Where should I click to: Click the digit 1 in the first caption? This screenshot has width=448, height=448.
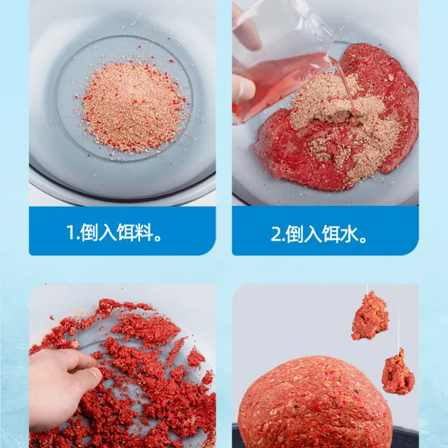70,232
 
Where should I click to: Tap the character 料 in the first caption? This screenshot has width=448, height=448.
143,232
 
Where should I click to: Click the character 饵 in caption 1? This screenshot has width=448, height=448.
125,232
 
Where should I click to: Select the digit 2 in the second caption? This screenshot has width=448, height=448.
276,235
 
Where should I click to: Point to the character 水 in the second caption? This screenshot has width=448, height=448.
348,235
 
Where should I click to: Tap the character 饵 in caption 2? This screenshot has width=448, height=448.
331,235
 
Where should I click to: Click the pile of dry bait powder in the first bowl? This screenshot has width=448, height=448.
132,106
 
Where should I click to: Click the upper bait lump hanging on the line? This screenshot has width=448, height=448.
370,316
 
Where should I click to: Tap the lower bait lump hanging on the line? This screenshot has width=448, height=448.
398,372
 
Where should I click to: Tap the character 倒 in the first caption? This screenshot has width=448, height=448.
89,232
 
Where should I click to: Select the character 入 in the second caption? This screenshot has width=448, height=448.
312,235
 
